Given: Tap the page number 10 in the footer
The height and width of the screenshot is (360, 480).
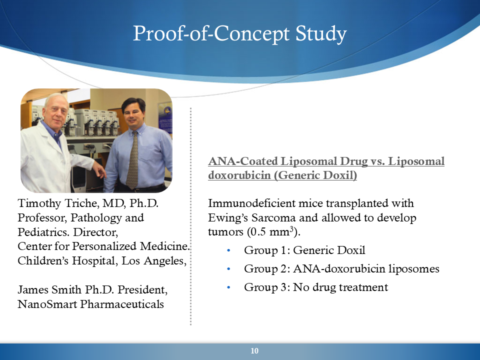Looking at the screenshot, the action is [254, 351].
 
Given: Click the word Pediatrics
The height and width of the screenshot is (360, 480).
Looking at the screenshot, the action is [44, 231].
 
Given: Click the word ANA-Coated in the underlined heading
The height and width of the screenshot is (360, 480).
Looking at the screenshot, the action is [243, 161].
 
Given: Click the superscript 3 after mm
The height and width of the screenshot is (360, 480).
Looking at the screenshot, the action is [292, 228].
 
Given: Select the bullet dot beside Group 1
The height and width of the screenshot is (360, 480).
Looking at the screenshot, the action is [228, 250].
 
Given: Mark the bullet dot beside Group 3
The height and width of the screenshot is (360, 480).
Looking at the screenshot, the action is [228, 287].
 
